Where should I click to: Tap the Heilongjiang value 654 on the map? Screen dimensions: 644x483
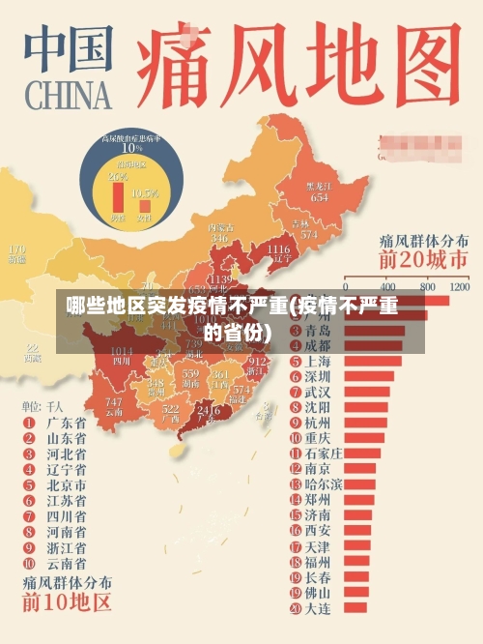pyautogui.click(x=319, y=196)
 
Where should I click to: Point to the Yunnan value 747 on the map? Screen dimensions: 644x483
pyautogui.click(x=114, y=401)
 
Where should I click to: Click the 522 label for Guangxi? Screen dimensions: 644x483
pyautogui.click(x=171, y=409)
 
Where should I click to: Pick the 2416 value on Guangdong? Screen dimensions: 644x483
pyautogui.click(x=208, y=410)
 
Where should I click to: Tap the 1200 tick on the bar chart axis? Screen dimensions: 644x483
pyautogui.click(x=459, y=287)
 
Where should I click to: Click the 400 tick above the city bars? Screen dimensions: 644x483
pyautogui.click(x=389, y=287)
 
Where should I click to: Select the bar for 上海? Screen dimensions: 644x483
pyautogui.click(x=373, y=361)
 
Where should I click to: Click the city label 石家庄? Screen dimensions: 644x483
pyautogui.click(x=324, y=453)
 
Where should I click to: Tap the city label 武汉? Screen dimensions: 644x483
pyautogui.click(x=318, y=392)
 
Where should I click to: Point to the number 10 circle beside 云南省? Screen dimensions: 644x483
pyautogui.click(x=27, y=563)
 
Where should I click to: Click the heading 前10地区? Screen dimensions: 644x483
pyautogui.click(x=68, y=603)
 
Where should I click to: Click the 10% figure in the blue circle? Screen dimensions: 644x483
pyautogui.click(x=131, y=148)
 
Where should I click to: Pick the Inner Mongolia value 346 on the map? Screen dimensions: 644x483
pyautogui.click(x=219, y=238)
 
